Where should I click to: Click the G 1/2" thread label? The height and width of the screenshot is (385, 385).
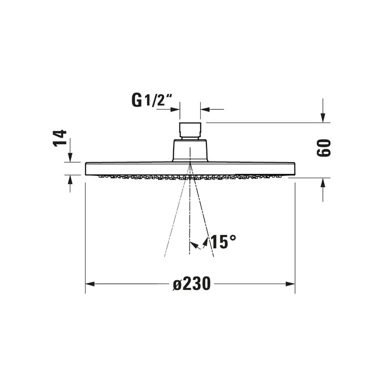[152, 100]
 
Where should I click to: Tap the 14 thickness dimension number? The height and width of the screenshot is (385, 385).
[60, 139]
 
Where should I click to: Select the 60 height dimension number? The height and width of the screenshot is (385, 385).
[323, 148]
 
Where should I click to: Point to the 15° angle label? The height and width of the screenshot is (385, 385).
[223, 242]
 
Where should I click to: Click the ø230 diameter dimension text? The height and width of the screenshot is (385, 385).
[192, 283]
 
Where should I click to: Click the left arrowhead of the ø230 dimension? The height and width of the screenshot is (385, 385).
[90, 284]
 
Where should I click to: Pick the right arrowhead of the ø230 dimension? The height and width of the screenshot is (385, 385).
[291, 284]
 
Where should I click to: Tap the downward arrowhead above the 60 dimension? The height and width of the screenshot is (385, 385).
[323, 117]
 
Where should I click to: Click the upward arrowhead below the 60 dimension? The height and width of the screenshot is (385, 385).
[323, 182]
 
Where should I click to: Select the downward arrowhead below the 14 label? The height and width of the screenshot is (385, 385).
[70, 157]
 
